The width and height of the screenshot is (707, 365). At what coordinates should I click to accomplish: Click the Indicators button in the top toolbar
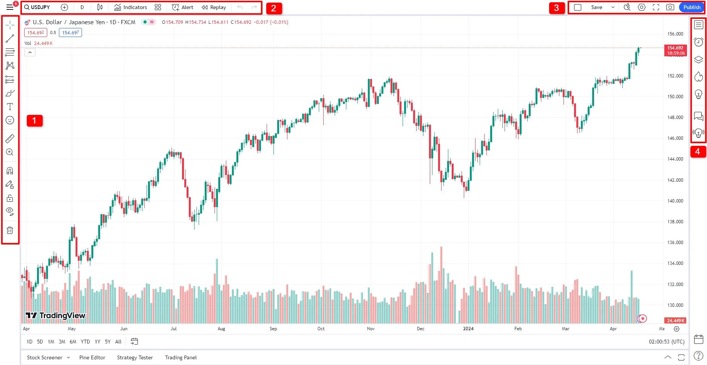click(131, 7)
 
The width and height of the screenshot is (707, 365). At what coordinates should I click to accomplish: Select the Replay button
click(214, 7)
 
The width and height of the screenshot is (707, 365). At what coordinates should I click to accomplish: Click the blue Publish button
click(692, 7)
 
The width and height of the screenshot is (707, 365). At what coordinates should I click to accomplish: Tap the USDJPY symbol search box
click(37, 7)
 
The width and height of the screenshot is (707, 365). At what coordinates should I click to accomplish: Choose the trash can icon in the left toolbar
click(10, 230)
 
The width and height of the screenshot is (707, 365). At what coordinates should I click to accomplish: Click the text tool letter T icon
click(10, 107)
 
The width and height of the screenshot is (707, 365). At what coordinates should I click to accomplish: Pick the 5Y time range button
click(108, 342)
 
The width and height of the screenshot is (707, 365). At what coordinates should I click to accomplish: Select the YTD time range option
click(85, 342)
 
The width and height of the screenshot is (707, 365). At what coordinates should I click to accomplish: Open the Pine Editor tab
click(92, 357)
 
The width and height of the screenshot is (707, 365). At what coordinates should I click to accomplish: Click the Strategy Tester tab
click(135, 357)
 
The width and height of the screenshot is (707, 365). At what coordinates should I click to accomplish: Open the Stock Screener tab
click(45, 357)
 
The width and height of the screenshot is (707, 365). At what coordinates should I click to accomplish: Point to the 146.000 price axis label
click(675, 138)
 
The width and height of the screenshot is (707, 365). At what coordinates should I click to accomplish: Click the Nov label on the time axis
click(371, 329)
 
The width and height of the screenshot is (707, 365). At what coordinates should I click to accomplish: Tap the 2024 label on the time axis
click(468, 329)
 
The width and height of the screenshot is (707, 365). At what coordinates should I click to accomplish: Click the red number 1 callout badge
click(34, 121)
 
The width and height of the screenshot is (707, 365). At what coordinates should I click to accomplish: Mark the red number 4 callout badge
click(698, 152)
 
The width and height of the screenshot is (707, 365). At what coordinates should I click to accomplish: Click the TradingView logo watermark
click(56, 316)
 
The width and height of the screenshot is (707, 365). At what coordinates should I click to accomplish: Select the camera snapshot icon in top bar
click(670, 7)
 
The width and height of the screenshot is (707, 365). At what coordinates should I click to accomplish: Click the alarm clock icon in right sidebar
click(698, 42)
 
